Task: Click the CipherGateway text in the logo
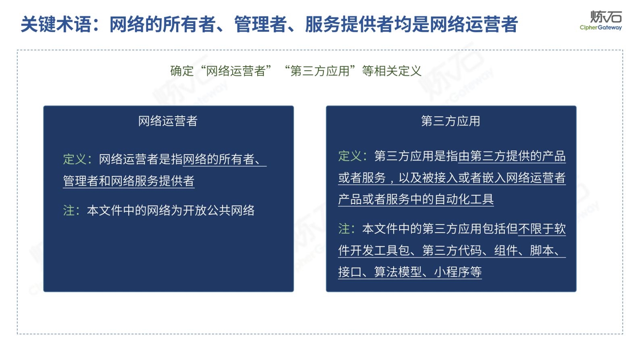(600, 28)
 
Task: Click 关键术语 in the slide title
(56, 24)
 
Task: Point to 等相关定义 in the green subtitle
(392, 71)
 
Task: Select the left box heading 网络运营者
(168, 121)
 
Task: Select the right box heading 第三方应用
(450, 121)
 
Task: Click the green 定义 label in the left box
(75, 159)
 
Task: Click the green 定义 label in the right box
(350, 156)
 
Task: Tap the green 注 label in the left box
(69, 210)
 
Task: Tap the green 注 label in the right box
(344, 229)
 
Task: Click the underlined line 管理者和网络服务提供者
(129, 181)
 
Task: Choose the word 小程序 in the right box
(452, 272)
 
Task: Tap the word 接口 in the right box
(350, 272)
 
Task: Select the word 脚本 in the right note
(542, 251)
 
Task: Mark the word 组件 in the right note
(506, 251)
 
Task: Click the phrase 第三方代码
(452, 251)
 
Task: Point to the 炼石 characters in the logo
(606, 17)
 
